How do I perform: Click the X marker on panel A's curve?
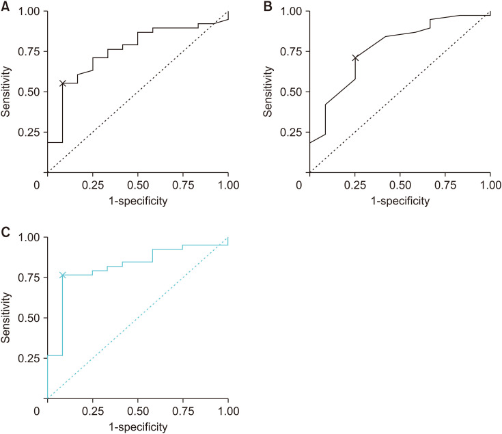coord(62,83)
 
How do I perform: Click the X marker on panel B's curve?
coord(355,58)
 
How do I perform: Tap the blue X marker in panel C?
coord(62,275)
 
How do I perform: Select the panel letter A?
coord(5,6)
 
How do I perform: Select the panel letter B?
coord(268,6)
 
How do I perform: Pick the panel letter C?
coord(5,232)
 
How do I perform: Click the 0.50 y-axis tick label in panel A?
coord(29,92)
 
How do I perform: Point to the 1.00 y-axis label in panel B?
coord(291,11)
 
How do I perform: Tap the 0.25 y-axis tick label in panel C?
coord(29,358)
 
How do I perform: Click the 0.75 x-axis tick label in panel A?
coord(183,185)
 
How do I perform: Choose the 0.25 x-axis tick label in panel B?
coord(355,185)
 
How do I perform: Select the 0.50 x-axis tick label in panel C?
coord(138,411)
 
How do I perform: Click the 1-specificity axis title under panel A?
coord(138,201)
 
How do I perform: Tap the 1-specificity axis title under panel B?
coord(400,201)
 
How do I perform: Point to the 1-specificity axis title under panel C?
coord(138,427)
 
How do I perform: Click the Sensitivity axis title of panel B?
coord(268,92)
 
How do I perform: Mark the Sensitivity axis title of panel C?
coord(5,318)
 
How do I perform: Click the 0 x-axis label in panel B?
coord(299,185)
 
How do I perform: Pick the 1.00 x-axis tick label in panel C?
coord(229,411)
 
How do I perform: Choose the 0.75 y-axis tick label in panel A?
coord(29,51)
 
